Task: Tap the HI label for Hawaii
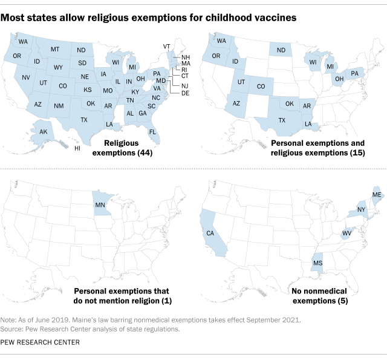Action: pyautogui.click(x=77, y=148)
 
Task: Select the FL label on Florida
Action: pyautogui.click(x=153, y=131)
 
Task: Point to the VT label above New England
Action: pyautogui.click(x=167, y=47)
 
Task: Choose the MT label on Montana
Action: pyautogui.click(x=55, y=49)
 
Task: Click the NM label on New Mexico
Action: pyautogui.click(x=59, y=106)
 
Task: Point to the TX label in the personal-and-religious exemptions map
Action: pyautogui.click(x=281, y=120)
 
